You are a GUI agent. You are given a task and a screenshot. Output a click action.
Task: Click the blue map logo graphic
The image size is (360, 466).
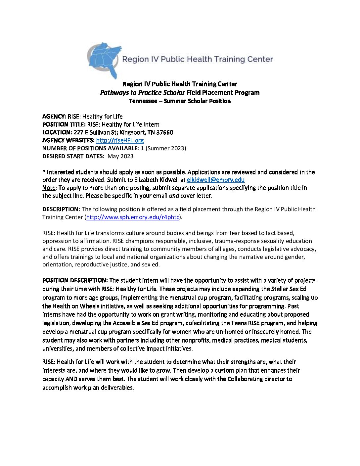click(x=103, y=60)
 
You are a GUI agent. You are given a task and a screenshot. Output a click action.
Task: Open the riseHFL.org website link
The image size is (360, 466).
click(x=120, y=140)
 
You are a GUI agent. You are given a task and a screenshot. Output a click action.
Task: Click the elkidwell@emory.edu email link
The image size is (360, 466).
click(x=215, y=180)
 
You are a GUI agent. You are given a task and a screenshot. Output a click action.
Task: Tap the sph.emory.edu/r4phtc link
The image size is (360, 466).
click(x=132, y=217)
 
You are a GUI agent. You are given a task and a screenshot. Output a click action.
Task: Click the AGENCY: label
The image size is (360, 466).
click(x=54, y=117)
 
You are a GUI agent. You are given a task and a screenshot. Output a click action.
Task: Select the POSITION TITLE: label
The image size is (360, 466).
click(x=64, y=124)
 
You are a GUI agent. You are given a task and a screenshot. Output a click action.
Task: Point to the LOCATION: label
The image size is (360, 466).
click(x=57, y=132)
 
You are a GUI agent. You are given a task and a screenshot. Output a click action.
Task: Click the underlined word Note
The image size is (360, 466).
click(x=49, y=188)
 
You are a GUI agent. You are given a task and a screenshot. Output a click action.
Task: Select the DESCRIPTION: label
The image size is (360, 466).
click(x=61, y=209)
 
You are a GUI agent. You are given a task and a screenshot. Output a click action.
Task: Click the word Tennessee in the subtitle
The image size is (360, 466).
click(x=143, y=101)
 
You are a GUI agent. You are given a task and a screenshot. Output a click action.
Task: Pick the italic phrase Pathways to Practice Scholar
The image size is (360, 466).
click(x=142, y=93)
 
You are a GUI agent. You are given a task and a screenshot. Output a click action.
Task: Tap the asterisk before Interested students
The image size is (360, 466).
click(x=44, y=171)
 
